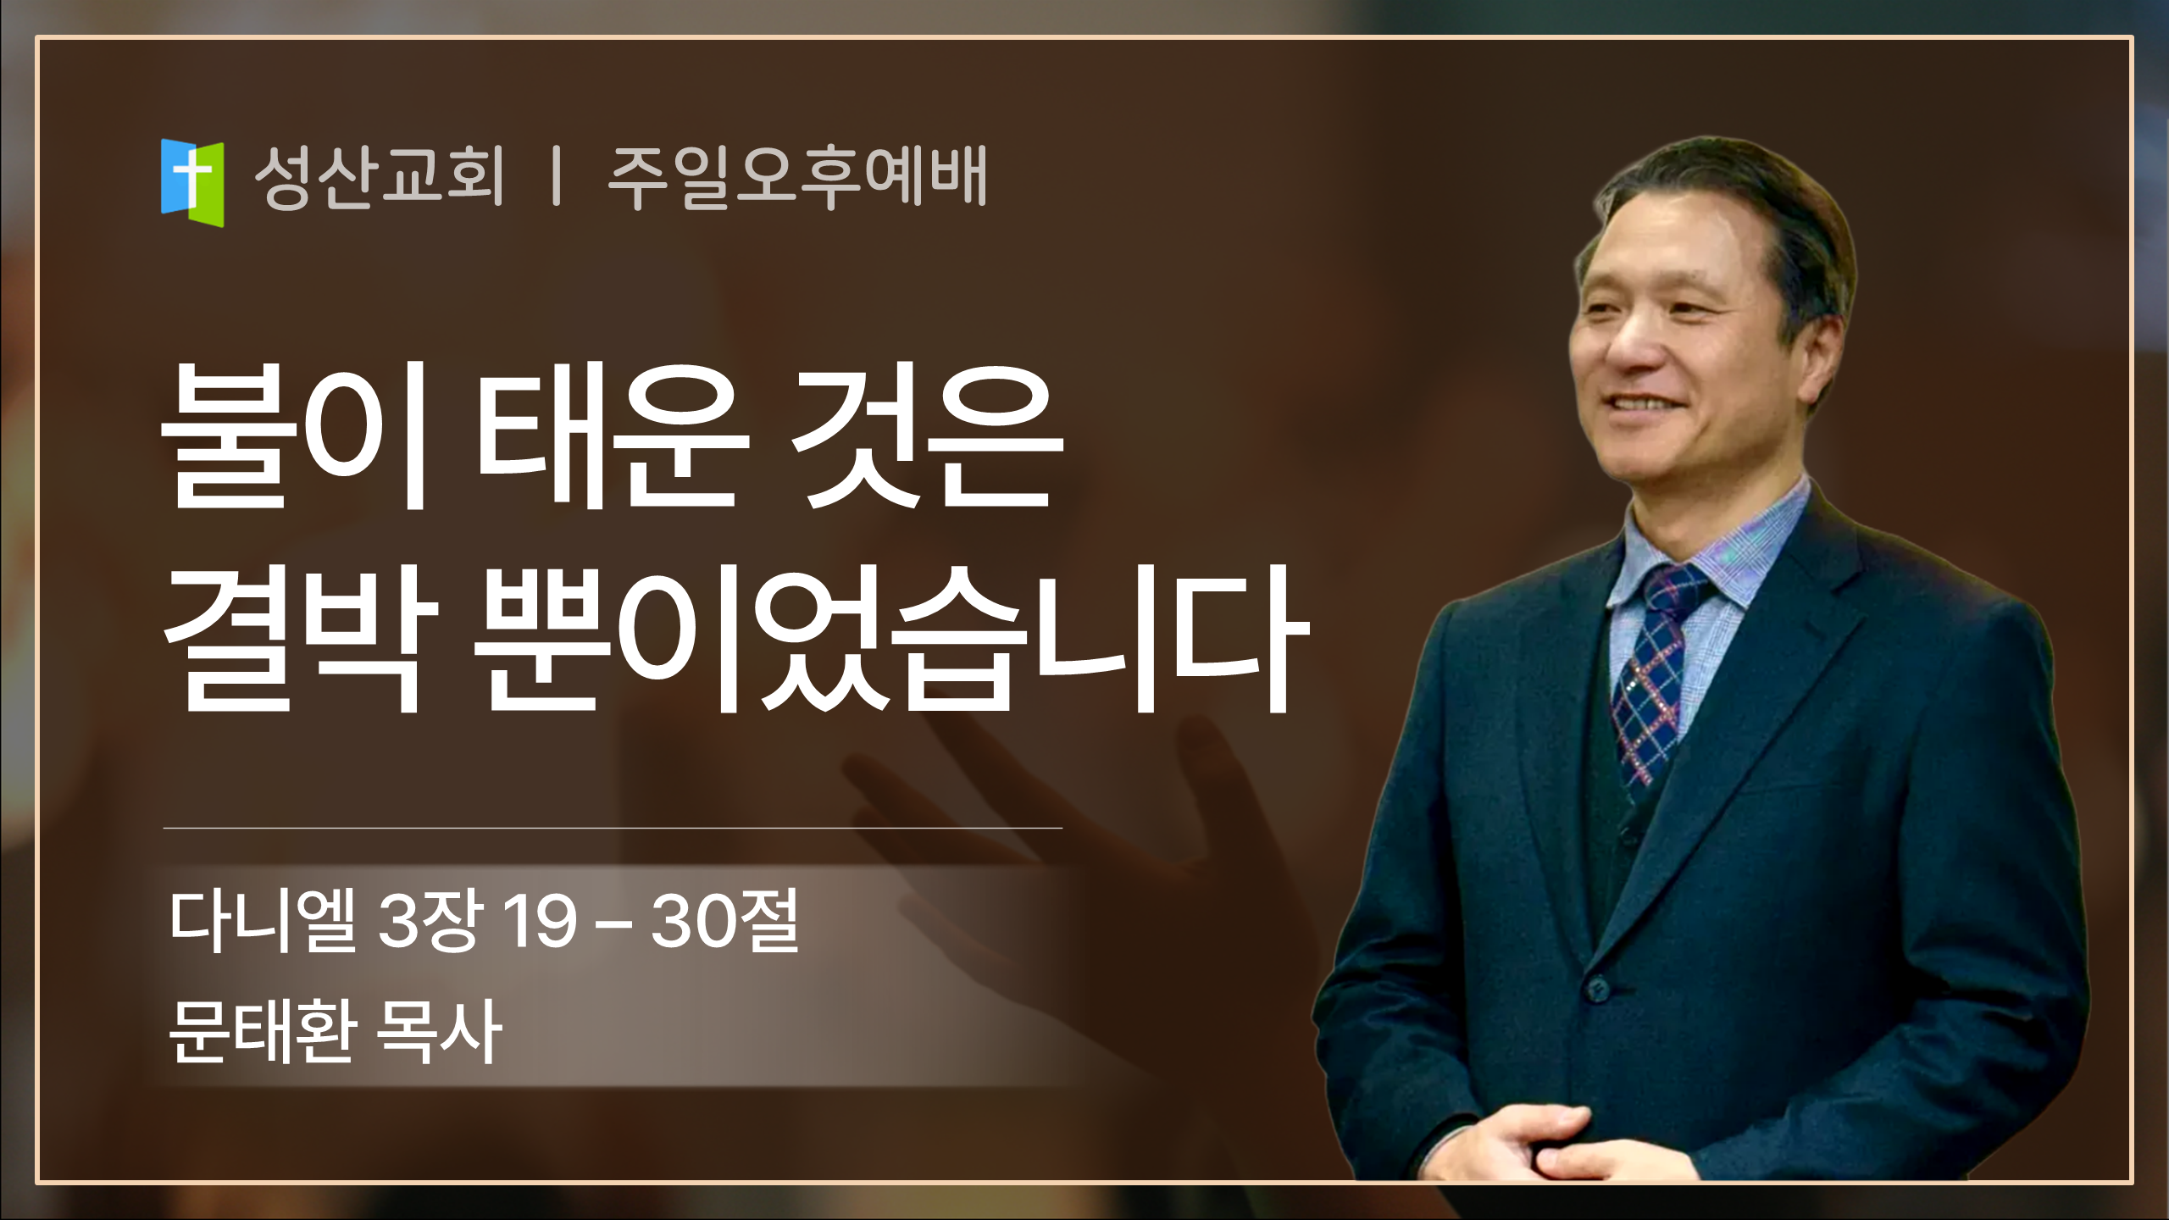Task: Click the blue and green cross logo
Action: [x=192, y=183]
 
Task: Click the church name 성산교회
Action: [x=379, y=176]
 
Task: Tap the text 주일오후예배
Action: [x=797, y=176]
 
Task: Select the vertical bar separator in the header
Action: [x=556, y=176]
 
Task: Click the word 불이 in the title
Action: [x=293, y=435]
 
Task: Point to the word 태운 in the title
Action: [x=613, y=435]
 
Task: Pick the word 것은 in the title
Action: [x=925, y=437]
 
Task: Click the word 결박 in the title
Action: [x=300, y=639]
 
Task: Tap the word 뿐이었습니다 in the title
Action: [x=892, y=639]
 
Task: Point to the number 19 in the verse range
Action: [x=540, y=922]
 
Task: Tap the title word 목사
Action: [x=440, y=1031]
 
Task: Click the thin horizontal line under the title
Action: [x=613, y=828]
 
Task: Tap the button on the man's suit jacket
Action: [x=1597, y=988]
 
